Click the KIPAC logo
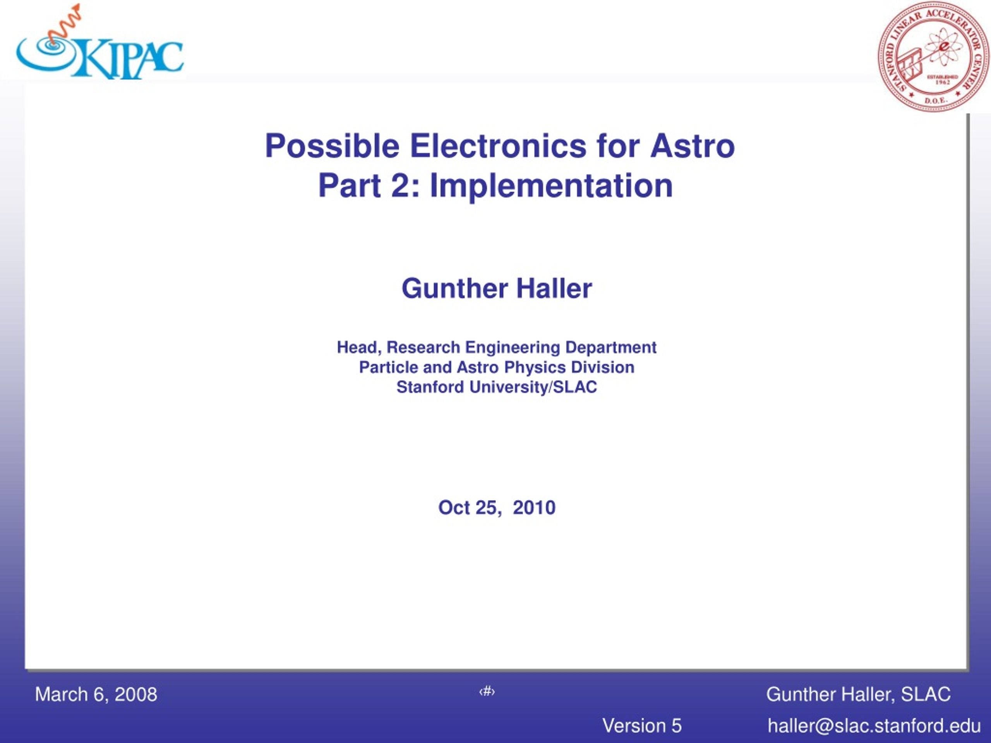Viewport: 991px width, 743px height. (99, 43)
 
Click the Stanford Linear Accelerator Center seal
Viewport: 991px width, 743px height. (933, 56)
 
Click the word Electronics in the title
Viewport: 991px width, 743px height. (498, 146)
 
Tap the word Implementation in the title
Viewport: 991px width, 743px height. (551, 186)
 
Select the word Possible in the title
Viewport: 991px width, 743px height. (332, 146)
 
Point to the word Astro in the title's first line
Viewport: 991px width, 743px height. (692, 146)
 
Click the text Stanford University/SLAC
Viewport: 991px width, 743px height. (497, 387)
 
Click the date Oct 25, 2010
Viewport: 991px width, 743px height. (497, 507)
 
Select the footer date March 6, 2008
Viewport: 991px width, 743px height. (96, 694)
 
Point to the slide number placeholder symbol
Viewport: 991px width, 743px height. (487, 692)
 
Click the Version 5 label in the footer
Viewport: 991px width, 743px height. (641, 726)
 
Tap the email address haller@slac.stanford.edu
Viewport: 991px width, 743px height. (874, 726)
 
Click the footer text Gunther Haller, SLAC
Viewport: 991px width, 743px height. (858, 694)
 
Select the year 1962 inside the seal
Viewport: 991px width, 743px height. (943, 82)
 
